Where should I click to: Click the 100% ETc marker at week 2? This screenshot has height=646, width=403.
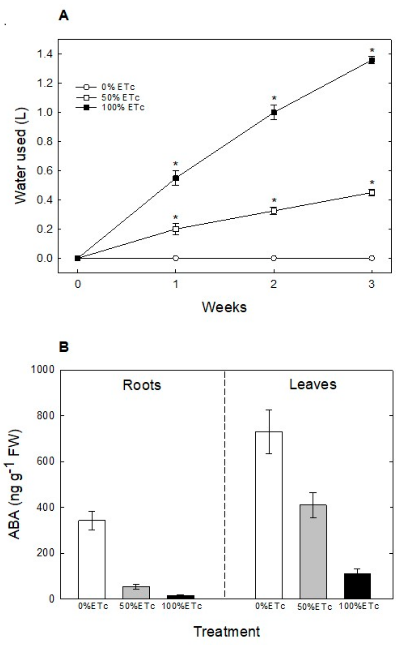pyautogui.click(x=274, y=112)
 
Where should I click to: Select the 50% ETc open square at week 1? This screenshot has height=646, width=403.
pyautogui.click(x=175, y=229)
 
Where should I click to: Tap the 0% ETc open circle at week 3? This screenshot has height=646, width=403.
pyautogui.click(x=372, y=258)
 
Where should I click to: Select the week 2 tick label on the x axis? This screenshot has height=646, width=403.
pyautogui.click(x=274, y=284)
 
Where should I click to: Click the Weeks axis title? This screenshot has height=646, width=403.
pyautogui.click(x=224, y=307)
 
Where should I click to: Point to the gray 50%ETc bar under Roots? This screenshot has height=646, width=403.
pyautogui.click(x=136, y=592)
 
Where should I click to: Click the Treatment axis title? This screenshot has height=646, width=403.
pyautogui.click(x=226, y=632)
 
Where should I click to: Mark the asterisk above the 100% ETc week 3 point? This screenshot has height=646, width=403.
pyautogui.click(x=372, y=50)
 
